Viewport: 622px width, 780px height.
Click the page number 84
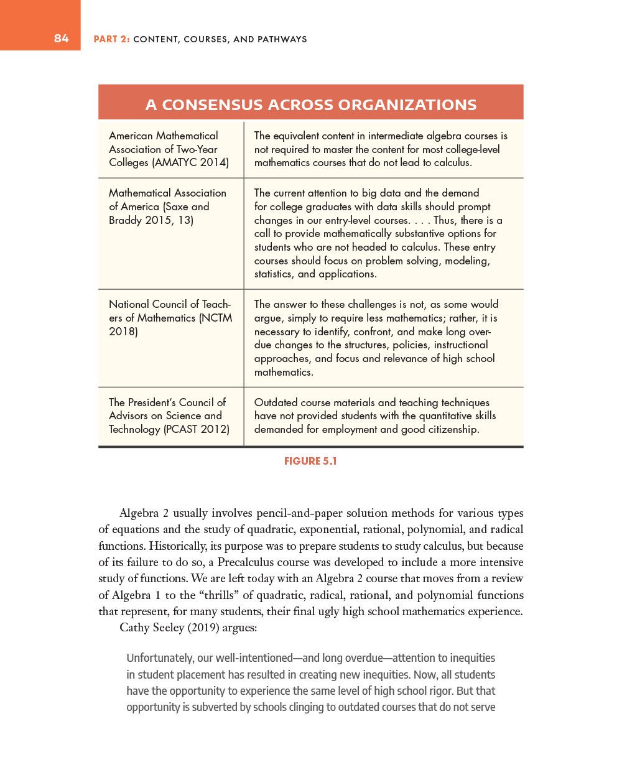click(x=61, y=39)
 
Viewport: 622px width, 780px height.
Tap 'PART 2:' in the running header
click(x=111, y=39)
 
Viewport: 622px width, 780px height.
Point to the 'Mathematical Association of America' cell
click(x=167, y=206)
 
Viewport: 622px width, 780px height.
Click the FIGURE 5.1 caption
click(x=310, y=461)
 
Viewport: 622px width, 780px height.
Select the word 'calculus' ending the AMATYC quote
click(x=452, y=162)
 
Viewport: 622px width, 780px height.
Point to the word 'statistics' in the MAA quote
click(x=277, y=274)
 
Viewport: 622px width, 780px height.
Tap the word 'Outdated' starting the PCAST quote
click(x=276, y=402)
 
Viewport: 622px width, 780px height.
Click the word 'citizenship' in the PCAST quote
click(x=453, y=429)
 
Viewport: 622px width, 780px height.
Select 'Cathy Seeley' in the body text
click(x=152, y=627)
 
